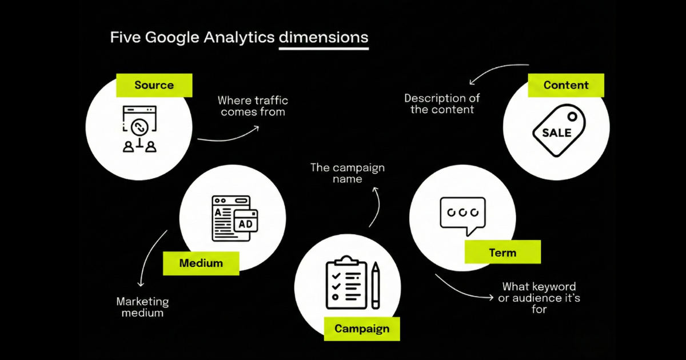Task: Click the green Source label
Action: (154, 86)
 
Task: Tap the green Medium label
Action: (201, 263)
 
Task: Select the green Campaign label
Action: (361, 329)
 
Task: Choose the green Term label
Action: (502, 253)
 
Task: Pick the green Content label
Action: (566, 85)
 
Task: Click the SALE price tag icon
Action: (558, 131)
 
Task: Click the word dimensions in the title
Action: (324, 38)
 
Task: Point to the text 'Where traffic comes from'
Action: (253, 106)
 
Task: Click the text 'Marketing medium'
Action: (142, 307)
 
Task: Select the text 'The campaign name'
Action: (347, 173)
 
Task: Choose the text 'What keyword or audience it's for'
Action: (539, 298)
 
